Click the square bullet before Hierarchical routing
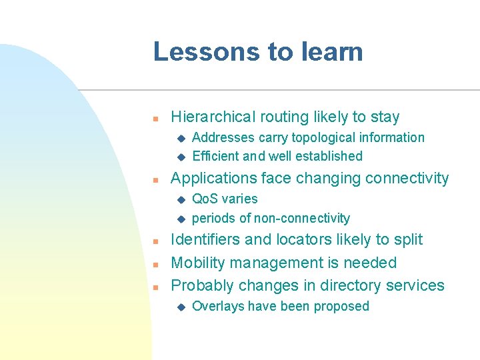coord(154,119)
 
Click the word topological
coord(316,138)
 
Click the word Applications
coord(213,179)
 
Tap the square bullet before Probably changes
coord(154,287)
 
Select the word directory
coord(350,286)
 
